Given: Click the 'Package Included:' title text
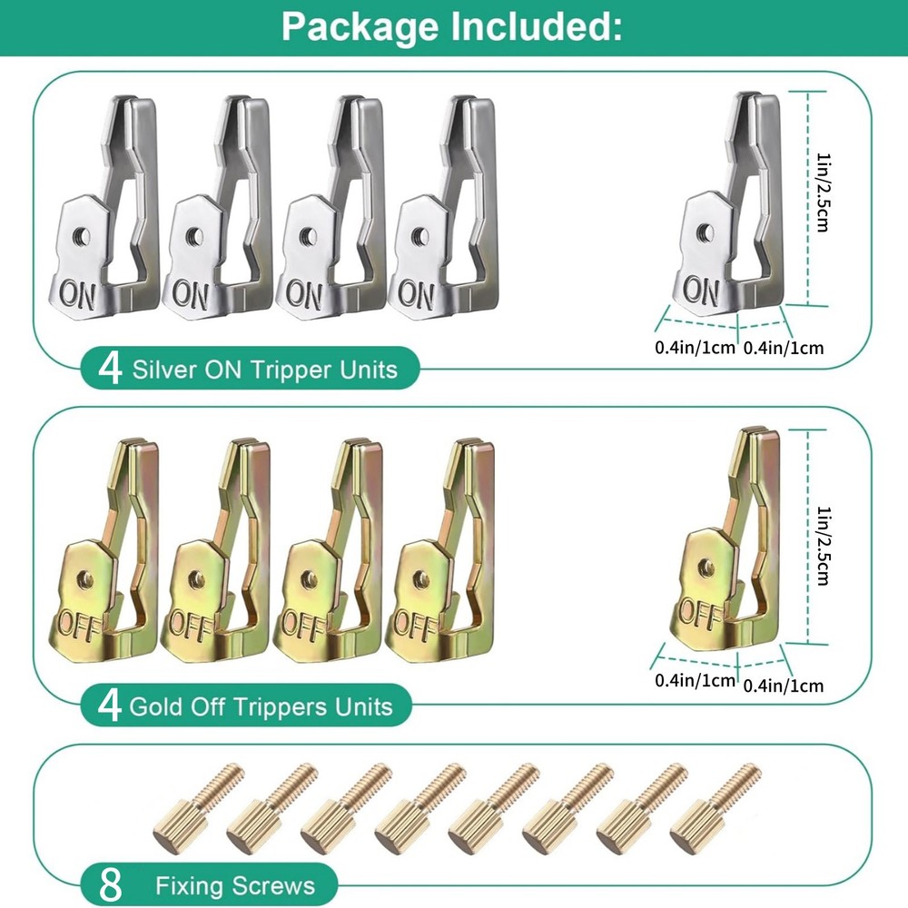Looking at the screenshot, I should pos(451,26).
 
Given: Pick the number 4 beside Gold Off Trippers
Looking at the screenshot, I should pos(110,706).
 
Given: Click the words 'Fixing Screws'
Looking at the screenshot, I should pos(234,886).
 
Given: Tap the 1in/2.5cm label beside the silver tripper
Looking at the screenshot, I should pos(822,192).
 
